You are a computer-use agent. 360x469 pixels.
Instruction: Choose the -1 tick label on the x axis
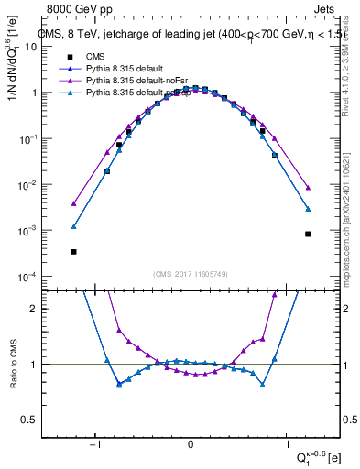coord(94,445)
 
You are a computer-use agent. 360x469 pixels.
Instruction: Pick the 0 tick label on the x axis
coord(191,445)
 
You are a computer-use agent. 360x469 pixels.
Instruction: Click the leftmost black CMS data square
coord(73,251)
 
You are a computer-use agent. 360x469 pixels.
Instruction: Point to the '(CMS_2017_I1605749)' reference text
coord(191,274)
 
